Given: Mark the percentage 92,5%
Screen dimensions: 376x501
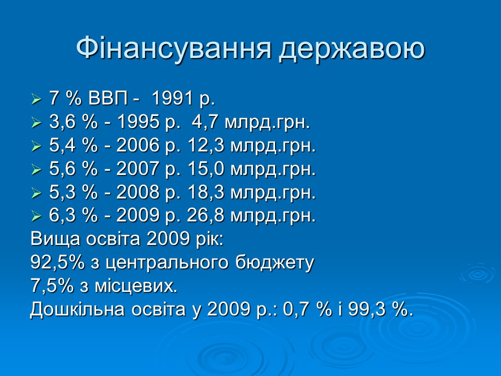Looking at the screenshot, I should (57, 263).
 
